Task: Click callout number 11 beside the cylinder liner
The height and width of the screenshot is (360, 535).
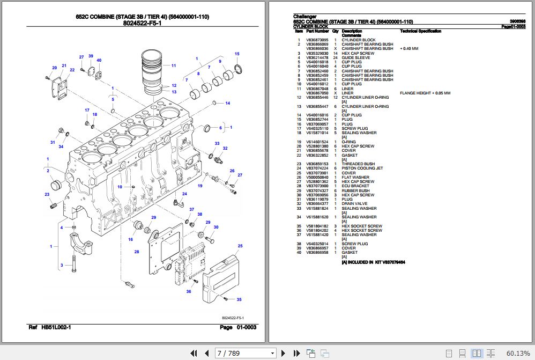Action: click(x=174, y=65)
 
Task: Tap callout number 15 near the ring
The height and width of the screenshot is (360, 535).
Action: click(x=236, y=54)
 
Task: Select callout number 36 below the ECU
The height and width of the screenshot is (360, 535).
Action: click(x=188, y=291)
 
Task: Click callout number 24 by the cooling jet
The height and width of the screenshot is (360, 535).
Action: click(x=184, y=194)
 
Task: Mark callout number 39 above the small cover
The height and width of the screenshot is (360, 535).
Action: click(x=91, y=56)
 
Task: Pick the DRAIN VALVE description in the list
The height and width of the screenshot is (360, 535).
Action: click(x=355, y=204)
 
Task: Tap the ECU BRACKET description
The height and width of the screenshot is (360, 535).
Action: click(x=355, y=186)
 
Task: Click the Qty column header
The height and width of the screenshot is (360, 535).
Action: click(x=335, y=32)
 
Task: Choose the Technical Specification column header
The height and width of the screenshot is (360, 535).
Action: click(x=420, y=32)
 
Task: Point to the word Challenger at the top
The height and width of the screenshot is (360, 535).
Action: click(x=304, y=17)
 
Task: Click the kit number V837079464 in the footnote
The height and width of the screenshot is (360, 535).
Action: click(x=390, y=262)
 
